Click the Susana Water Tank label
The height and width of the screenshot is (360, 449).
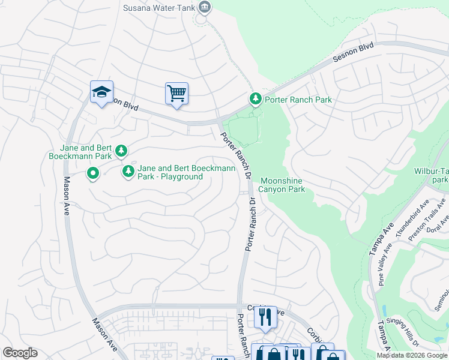click(159, 8)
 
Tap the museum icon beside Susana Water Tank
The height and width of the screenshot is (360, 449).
click(205, 7)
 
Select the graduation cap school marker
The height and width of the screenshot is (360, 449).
click(101, 93)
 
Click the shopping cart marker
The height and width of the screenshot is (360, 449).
click(176, 94)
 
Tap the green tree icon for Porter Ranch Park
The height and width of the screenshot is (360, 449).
click(255, 98)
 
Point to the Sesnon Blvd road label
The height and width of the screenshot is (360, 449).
click(354, 52)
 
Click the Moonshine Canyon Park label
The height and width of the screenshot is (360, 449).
click(282, 185)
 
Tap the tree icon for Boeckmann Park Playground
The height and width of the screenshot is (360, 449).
click(128, 172)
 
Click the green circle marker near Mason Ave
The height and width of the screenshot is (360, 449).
click(93, 174)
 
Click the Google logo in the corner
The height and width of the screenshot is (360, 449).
click(20, 353)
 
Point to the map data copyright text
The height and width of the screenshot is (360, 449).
click(412, 355)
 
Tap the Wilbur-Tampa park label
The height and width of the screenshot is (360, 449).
click(431, 175)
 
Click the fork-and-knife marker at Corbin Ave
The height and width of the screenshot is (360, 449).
click(265, 316)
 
